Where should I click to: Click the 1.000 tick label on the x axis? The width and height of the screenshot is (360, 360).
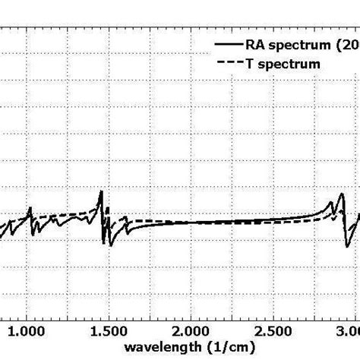point(28,331)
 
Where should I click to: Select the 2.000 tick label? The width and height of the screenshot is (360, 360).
point(192,331)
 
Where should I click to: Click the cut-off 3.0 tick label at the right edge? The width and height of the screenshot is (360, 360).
point(349,331)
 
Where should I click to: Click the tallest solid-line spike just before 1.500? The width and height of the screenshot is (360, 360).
point(101,191)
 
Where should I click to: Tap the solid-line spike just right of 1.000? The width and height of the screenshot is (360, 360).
point(30,208)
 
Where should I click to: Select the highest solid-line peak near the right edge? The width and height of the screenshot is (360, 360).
point(330,201)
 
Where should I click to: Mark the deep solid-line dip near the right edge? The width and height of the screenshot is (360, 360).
point(347,245)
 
